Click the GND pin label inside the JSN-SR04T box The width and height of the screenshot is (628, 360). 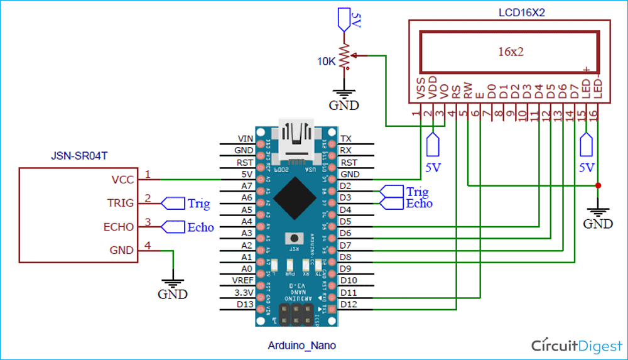(x=121, y=250)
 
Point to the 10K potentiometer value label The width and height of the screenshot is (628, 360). (x=325, y=61)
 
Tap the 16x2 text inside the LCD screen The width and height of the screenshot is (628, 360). (x=511, y=52)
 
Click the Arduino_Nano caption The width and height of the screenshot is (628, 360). (x=301, y=345)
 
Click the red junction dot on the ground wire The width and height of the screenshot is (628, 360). (x=597, y=185)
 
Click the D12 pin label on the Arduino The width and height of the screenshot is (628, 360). (x=349, y=305)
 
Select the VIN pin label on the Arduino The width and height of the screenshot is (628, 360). (x=245, y=138)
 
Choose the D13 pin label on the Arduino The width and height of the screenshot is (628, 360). (x=244, y=305)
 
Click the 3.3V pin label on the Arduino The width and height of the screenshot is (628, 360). (x=243, y=293)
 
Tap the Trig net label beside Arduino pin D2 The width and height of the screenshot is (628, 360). (x=417, y=192)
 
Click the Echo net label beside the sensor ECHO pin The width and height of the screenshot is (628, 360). (x=200, y=227)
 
